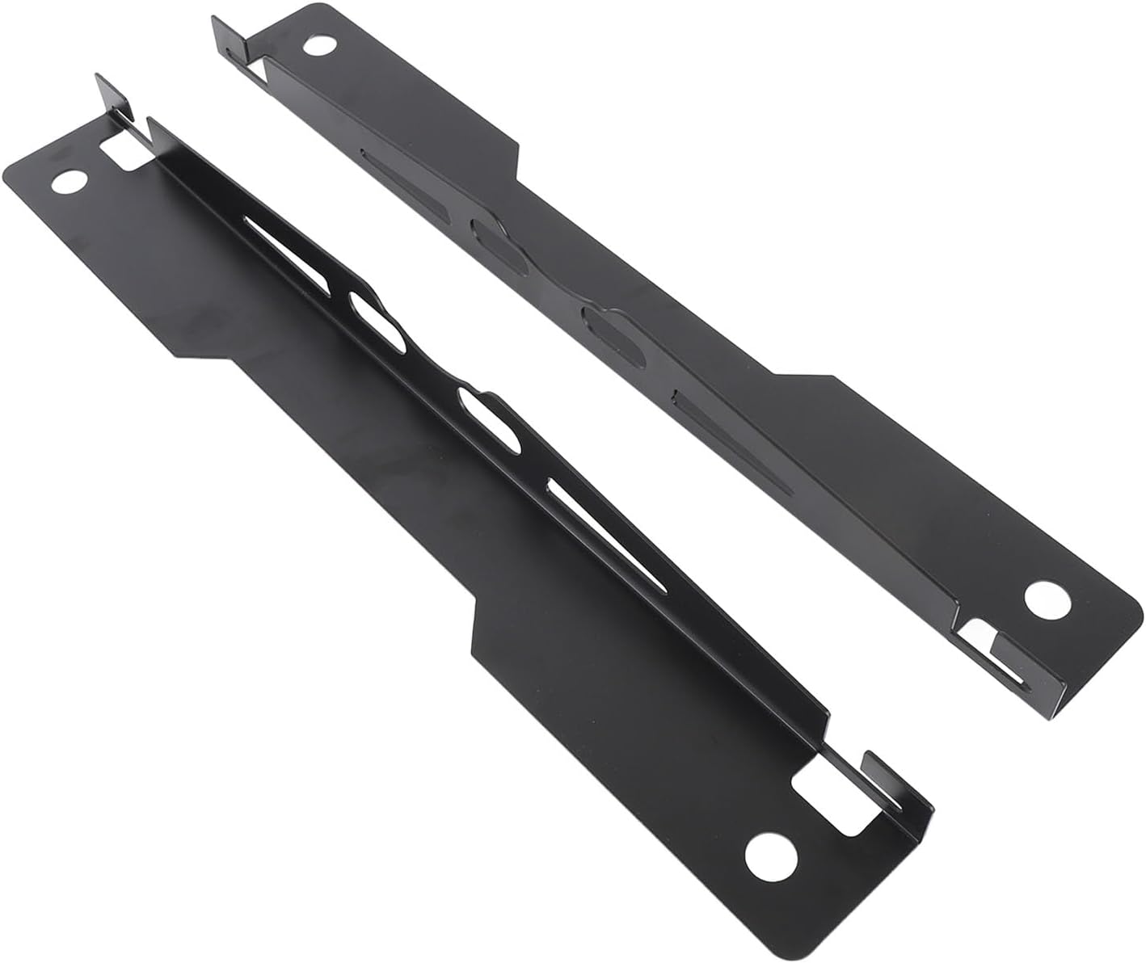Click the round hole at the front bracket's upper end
(x=67, y=181)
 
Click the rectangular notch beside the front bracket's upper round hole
(x=121, y=151)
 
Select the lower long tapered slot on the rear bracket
(x=727, y=436)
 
